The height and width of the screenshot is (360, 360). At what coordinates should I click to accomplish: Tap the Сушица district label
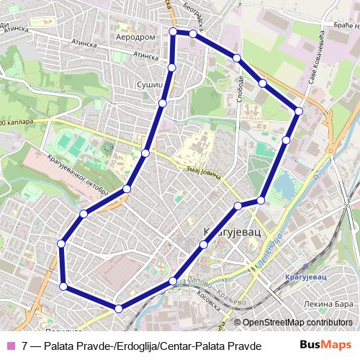click(x=150, y=85)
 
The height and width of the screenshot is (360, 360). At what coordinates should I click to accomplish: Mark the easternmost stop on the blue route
click(x=299, y=111)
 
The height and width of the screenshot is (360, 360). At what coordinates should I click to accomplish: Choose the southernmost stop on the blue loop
click(x=118, y=308)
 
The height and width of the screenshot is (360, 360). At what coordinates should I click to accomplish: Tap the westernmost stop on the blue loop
click(x=61, y=244)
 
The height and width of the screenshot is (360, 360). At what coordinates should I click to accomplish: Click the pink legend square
click(x=10, y=346)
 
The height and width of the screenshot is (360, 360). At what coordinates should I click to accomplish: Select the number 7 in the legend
click(x=25, y=346)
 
